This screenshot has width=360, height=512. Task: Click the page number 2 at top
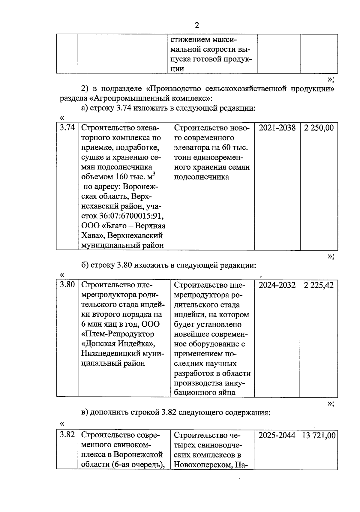pyautogui.click(x=197, y=25)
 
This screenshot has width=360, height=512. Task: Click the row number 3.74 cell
pyautogui.click(x=67, y=128)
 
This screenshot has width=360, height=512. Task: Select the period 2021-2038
pyautogui.click(x=277, y=128)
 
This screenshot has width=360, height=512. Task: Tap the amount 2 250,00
pyautogui.click(x=319, y=128)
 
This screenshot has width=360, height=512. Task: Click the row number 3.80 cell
pyautogui.click(x=67, y=285)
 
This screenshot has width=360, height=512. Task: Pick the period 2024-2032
pyautogui.click(x=277, y=285)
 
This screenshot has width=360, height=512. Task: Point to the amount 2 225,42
pyautogui.click(x=319, y=285)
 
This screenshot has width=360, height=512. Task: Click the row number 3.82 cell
pyautogui.click(x=67, y=435)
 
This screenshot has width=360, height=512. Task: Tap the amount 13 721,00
pyautogui.click(x=319, y=435)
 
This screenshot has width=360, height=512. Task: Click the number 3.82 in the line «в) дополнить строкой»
pyautogui.click(x=169, y=412)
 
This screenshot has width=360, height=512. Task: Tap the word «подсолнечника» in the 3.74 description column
pyautogui.click(x=201, y=177)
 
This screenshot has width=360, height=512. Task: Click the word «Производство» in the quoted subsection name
pyautogui.click(x=175, y=89)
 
